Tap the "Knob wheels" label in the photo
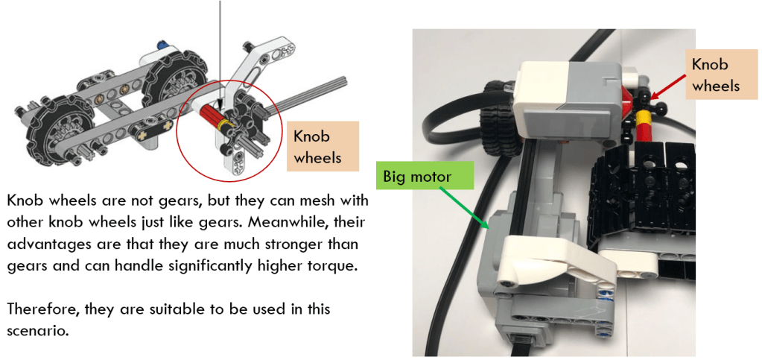click(x=715, y=76)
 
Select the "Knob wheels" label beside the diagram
click(x=323, y=146)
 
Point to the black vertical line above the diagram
click(x=220, y=54)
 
